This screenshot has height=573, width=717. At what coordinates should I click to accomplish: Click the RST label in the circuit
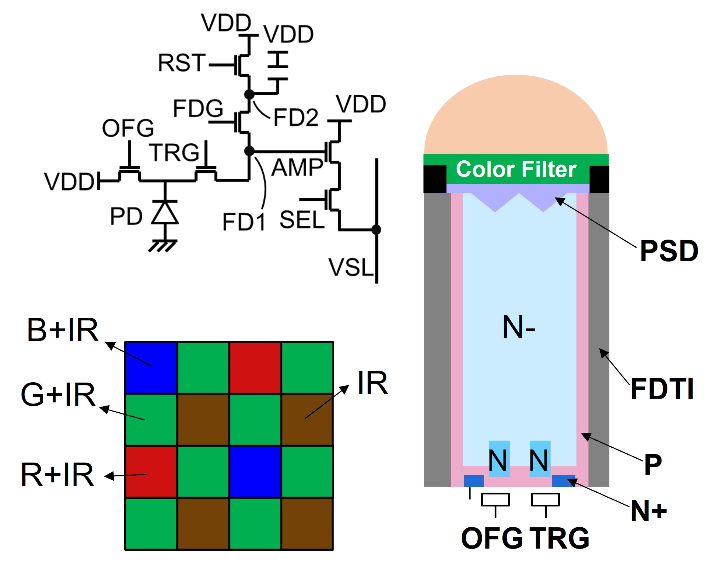tap(182, 63)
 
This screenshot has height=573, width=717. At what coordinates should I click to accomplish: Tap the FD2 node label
tap(296, 117)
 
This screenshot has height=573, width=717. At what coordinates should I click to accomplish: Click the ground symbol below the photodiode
tap(163, 245)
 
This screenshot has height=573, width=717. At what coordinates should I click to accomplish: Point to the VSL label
tap(351, 267)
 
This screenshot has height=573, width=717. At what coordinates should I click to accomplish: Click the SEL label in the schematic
tap(302, 220)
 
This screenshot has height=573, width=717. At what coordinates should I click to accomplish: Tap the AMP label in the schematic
tap(297, 167)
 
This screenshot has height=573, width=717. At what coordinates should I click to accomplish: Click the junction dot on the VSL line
tap(376, 230)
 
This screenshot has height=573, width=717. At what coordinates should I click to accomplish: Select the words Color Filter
tap(516, 169)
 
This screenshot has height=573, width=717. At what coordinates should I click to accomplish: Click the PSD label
tap(669, 251)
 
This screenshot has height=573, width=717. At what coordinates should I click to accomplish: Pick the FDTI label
tap(662, 389)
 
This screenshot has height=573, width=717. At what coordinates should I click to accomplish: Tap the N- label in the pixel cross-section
tap(518, 328)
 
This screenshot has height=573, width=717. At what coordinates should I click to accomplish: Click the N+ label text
tap(649, 511)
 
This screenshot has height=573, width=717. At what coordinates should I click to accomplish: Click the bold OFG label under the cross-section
tap(492, 538)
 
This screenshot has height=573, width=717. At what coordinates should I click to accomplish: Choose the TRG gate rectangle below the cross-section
tap(545, 500)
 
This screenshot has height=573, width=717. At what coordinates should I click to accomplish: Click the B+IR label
tap(63, 330)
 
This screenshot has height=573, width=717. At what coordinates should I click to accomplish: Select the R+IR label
tap(58, 475)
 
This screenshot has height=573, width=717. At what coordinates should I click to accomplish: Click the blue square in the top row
tap(151, 367)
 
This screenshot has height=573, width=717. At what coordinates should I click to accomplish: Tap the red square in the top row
tap(255, 367)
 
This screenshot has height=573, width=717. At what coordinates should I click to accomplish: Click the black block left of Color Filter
tap(435, 179)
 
